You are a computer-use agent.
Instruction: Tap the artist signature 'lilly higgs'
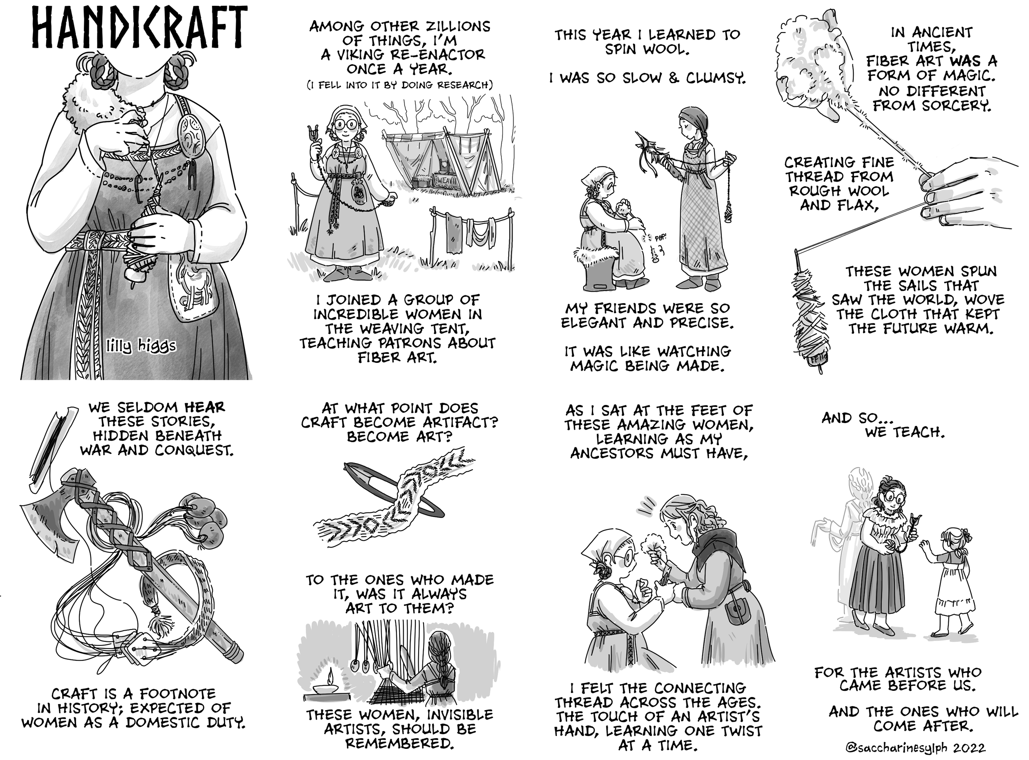[141, 346]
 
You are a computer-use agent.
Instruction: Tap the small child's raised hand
[923, 546]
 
